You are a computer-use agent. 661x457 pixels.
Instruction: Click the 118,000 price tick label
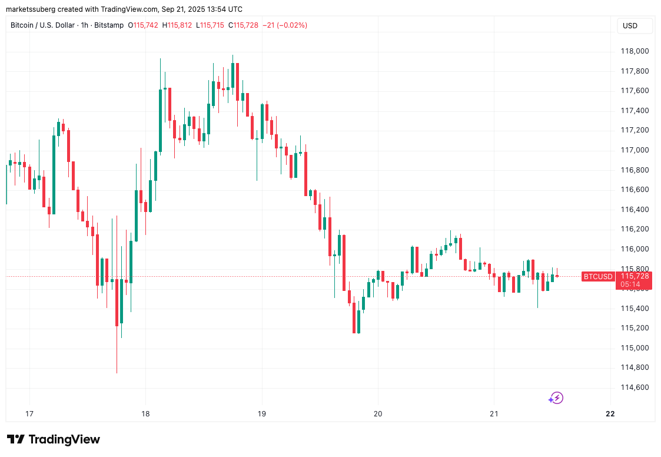click(x=635, y=51)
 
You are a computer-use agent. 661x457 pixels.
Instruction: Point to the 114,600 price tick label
click(x=635, y=388)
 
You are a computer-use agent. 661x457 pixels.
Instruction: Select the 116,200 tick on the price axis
click(x=635, y=229)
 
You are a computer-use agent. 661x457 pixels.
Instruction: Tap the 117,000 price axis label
click(x=635, y=150)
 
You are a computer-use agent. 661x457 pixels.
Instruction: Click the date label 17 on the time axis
click(x=30, y=413)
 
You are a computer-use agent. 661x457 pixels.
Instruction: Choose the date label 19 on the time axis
click(x=262, y=413)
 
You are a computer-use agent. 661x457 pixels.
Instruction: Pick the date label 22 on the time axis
click(x=610, y=413)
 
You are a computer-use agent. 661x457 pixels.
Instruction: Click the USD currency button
click(x=630, y=26)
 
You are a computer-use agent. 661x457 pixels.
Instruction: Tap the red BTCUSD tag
click(x=598, y=276)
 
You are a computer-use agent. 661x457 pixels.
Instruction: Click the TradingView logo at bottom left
click(x=54, y=439)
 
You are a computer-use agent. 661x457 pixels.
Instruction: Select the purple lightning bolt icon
click(x=556, y=398)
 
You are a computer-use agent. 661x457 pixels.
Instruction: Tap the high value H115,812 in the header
click(x=180, y=25)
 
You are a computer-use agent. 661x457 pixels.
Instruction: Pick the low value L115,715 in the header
click(x=212, y=25)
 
